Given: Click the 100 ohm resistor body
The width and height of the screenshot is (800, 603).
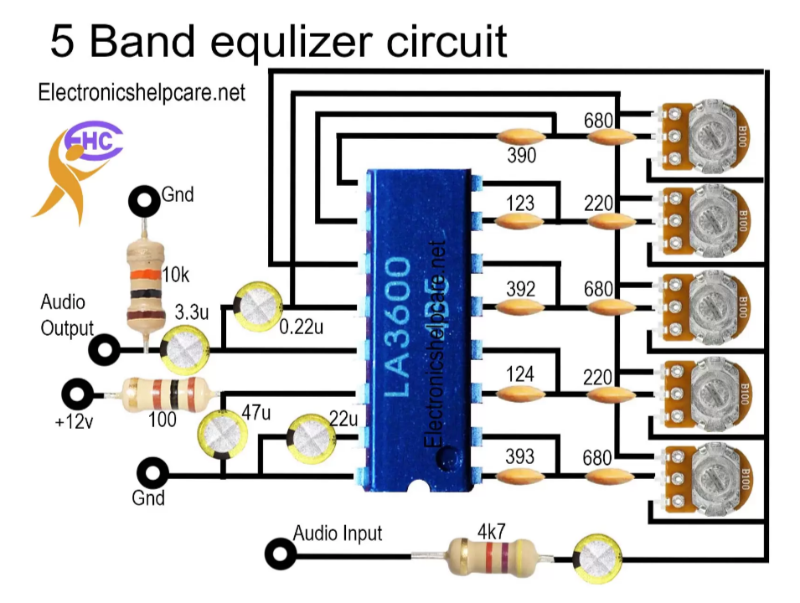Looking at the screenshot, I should click(163, 392).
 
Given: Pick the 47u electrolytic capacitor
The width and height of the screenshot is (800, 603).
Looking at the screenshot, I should click(220, 432).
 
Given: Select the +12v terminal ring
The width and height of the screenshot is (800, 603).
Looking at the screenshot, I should click(79, 393).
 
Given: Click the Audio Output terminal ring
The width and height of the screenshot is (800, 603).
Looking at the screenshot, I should click(106, 349).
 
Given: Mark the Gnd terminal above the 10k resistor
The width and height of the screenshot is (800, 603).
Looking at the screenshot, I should click(144, 201).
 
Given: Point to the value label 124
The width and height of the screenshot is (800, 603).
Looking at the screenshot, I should click(520, 374).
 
